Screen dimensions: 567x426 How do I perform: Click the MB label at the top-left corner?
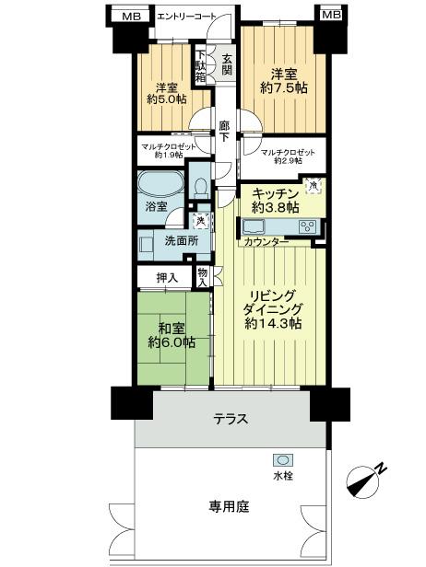pyautogui.click(x=132, y=16)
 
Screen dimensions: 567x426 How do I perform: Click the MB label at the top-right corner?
pyautogui.click(x=330, y=16)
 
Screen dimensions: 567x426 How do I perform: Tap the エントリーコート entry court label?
pyautogui.click(x=188, y=16)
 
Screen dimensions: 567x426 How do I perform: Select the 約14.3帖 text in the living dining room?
pyautogui.click(x=272, y=324)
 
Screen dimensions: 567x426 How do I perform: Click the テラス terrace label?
pyautogui.click(x=231, y=418)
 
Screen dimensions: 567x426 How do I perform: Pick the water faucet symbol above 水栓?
pyautogui.click(x=281, y=460)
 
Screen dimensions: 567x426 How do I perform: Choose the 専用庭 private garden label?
pyautogui.click(x=224, y=506)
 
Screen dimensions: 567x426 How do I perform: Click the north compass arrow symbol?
pyautogui.click(x=366, y=479)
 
